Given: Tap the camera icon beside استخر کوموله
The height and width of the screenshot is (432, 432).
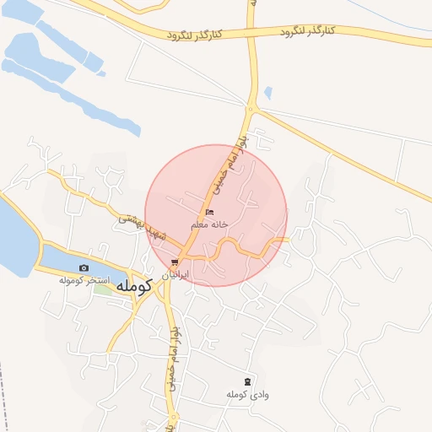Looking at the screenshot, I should coord(84,267).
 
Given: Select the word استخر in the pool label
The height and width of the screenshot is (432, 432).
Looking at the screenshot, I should coord(111,278).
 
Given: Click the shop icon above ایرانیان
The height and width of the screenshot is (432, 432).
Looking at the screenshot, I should coord(175,262).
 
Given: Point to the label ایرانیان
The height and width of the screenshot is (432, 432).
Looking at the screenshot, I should coord(175,275).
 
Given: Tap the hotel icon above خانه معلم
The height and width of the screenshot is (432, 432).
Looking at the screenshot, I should coord(209,212).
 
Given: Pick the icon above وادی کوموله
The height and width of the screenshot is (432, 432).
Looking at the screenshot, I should coord(247,381).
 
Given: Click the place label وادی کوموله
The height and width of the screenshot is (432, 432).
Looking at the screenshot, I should coord(247,394).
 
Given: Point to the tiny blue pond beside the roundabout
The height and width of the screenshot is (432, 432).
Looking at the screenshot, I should coord(267,93).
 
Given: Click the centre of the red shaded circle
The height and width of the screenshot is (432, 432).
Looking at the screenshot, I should coord(216,215).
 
